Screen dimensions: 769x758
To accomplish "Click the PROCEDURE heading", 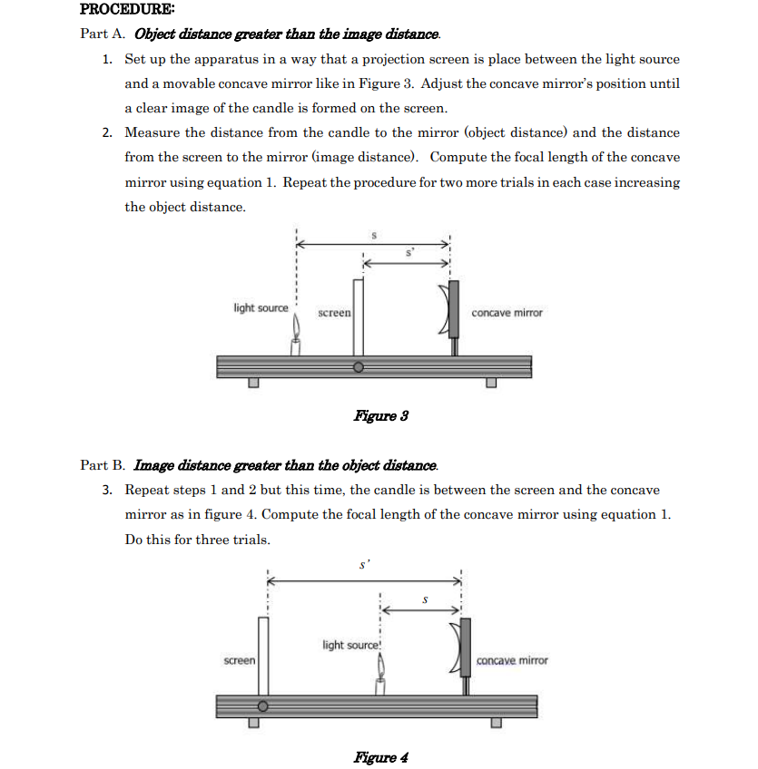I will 114,10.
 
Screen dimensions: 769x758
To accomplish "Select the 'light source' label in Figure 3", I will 261,308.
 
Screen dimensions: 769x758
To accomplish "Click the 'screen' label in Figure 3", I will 334,313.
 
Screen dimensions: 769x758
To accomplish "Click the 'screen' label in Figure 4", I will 240,660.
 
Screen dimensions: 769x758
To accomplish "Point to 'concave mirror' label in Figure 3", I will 507,313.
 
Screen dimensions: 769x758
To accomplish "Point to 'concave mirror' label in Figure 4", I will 512,660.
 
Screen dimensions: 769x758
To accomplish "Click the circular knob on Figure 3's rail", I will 359,367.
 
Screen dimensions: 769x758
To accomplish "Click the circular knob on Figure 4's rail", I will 263,706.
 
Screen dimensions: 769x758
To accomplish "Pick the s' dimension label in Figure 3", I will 409,254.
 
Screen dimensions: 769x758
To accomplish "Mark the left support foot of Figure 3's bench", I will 255,383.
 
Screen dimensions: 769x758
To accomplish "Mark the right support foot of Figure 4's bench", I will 496,723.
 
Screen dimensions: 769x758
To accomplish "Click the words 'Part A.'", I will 103,34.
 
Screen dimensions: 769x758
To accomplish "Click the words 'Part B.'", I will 103,465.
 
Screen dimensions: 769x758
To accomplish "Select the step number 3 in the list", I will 106,490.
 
